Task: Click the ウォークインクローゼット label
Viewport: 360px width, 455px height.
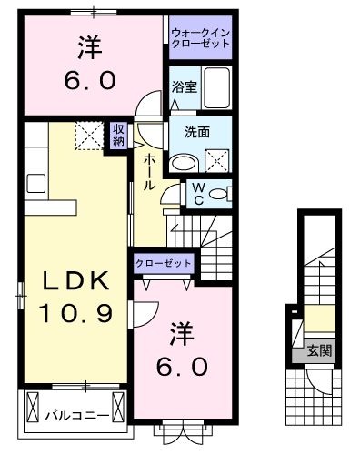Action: [x=200, y=39]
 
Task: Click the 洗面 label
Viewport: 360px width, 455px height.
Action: [x=196, y=132]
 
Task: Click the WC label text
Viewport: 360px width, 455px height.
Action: [x=196, y=193]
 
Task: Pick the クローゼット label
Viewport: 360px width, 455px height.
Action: [x=164, y=262]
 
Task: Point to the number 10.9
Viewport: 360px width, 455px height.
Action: [x=75, y=315]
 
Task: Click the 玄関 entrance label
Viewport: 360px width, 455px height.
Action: [x=317, y=349]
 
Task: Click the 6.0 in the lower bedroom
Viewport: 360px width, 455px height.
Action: [x=187, y=368]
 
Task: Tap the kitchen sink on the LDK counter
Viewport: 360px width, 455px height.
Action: [x=35, y=182]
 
